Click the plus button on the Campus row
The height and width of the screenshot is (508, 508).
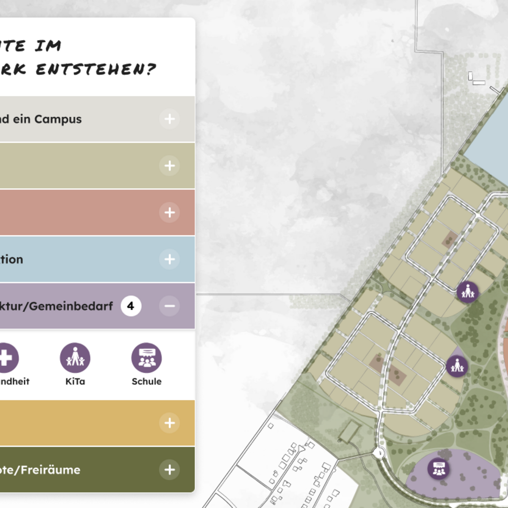169,119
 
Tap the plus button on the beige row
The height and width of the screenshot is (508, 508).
169,166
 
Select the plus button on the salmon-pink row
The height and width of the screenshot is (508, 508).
169,212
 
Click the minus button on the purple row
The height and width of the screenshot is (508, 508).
169,306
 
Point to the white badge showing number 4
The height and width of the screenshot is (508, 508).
131,306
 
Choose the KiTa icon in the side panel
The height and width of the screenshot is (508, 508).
75,358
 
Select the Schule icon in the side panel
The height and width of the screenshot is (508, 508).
146,358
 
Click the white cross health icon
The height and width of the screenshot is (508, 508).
6,358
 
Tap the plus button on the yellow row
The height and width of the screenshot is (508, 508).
169,422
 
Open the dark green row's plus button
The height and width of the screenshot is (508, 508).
169,469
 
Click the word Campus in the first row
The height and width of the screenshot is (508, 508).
58,119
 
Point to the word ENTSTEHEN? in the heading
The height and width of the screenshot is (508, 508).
96,69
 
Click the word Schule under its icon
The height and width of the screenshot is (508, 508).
146,381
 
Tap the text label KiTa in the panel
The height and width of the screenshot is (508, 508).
75,381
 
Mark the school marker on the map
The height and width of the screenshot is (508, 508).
439,469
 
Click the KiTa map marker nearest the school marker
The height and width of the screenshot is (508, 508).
457,365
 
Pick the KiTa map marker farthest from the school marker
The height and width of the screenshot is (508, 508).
468,292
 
